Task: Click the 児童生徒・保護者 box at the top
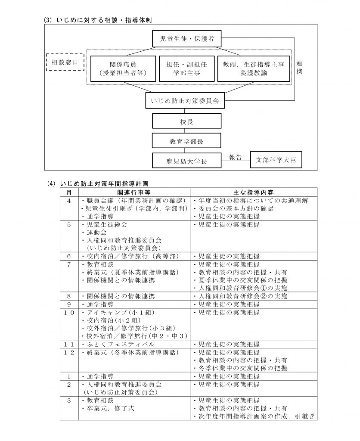(186, 39)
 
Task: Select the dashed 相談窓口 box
(65, 62)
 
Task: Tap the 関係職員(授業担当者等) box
(123, 69)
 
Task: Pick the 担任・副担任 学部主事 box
(186, 69)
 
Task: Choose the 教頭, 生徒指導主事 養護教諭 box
(253, 69)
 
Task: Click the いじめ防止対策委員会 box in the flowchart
(185, 101)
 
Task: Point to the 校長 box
(186, 121)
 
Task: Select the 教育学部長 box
(186, 141)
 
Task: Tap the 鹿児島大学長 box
(186, 161)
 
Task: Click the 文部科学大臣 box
(276, 160)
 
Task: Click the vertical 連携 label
(299, 67)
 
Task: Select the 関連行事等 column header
(134, 193)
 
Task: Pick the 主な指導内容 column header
(253, 193)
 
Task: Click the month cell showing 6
(69, 256)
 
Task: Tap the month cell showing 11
(69, 344)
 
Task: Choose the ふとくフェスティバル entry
(118, 344)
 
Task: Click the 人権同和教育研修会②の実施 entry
(240, 296)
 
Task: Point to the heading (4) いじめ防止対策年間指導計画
(98, 183)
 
